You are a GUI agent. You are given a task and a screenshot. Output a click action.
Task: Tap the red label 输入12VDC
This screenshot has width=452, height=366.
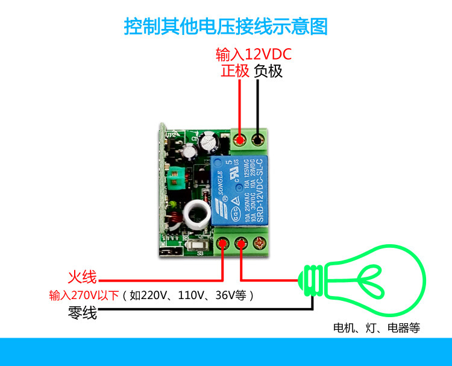pyautogui.click(x=254, y=55)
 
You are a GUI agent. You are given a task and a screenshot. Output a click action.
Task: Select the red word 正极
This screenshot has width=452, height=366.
pyautogui.click(x=235, y=71)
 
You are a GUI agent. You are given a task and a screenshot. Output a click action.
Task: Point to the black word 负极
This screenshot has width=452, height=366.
pyautogui.click(x=268, y=71)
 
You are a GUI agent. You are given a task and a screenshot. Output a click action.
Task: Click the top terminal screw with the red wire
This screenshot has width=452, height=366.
pyautogui.click(x=240, y=140)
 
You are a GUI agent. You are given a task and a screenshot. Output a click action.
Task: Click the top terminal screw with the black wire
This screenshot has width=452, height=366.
pyautogui.click(x=259, y=140)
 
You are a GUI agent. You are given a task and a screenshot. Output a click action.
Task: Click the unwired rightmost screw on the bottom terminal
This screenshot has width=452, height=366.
pyautogui.click(x=261, y=244)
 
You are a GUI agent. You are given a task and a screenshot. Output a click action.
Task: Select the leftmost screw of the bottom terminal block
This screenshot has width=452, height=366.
pyautogui.click(x=222, y=244)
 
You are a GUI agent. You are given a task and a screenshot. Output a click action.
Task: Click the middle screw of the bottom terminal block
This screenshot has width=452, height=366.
pyautogui.click(x=241, y=244)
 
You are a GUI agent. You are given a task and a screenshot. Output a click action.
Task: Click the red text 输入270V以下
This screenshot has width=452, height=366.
pyautogui.click(x=84, y=296)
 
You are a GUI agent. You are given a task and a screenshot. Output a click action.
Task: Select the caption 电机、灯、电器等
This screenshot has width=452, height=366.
pyautogui.click(x=377, y=329)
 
